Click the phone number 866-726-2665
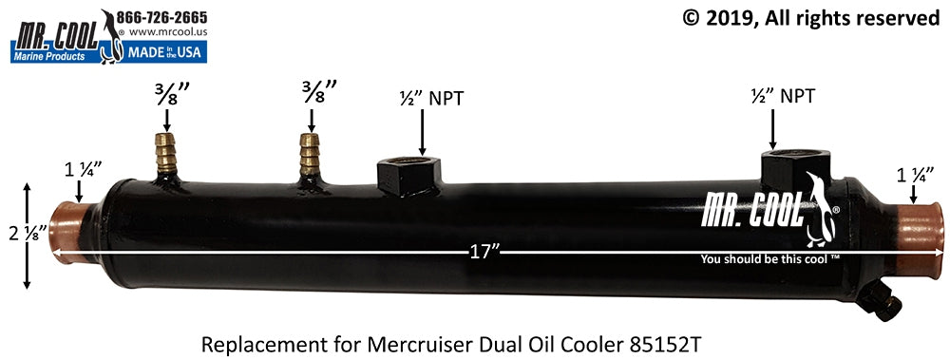[x=161, y=17]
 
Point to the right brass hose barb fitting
[x=310, y=152]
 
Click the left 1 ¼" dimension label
[x=80, y=171]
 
